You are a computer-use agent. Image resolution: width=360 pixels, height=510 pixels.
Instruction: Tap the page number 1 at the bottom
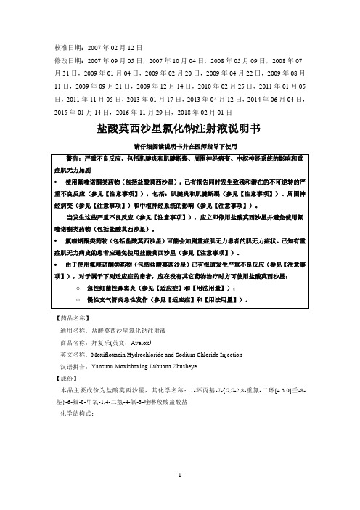tap(179, 493)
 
